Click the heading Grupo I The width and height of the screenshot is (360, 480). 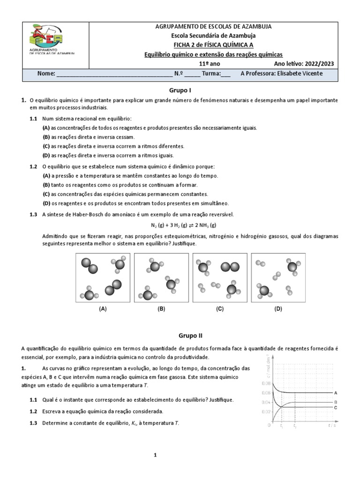coord(180,90)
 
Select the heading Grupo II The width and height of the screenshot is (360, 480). coord(180,335)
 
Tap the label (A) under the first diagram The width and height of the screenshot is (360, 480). coord(103,309)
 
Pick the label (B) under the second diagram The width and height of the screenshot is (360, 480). coord(161,309)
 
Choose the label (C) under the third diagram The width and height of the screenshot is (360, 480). coord(220,309)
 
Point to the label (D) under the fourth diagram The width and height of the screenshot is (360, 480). coord(278,309)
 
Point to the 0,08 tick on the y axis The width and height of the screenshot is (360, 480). coord(265,383)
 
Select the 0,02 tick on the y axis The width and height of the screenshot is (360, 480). coord(265,412)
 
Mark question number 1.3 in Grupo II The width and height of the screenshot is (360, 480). coord(33,423)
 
